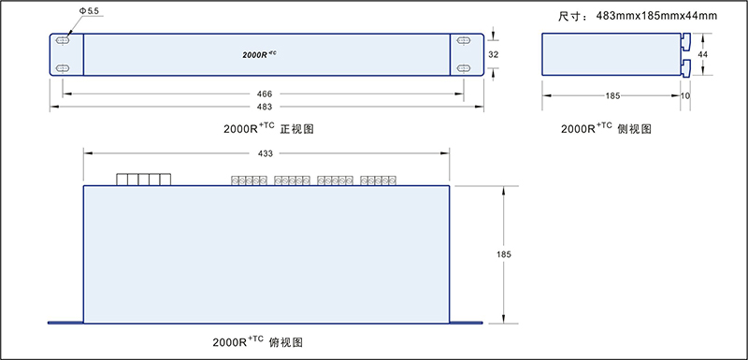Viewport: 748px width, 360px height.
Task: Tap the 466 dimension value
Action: tap(265, 94)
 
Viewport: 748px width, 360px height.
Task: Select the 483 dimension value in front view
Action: tap(265, 107)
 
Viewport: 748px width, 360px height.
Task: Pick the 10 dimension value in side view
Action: tap(686, 95)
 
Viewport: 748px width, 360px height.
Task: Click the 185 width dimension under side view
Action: tap(611, 95)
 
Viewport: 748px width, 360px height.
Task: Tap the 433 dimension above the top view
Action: tap(266, 153)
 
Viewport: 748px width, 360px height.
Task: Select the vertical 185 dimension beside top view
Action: tap(506, 253)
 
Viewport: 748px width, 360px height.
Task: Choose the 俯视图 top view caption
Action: tap(252, 341)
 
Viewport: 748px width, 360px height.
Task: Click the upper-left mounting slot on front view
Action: tap(63, 41)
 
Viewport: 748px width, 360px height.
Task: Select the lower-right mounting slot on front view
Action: tap(465, 69)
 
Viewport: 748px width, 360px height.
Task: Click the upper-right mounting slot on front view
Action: tap(465, 41)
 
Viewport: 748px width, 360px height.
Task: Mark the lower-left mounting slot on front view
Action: tap(63, 69)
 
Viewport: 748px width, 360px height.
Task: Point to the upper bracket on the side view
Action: tap(685, 42)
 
